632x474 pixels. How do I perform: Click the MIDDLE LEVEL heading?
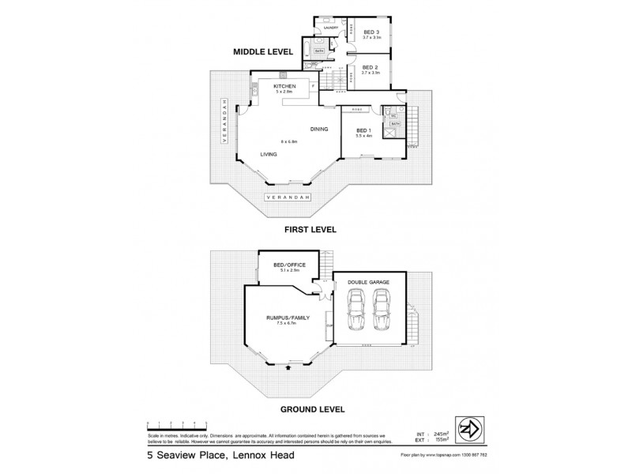tap(264, 52)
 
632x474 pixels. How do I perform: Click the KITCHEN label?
tap(284, 86)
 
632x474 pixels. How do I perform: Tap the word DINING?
tap(319, 128)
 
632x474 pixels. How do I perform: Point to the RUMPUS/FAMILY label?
tap(288, 317)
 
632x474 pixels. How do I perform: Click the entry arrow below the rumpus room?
tap(288, 367)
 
